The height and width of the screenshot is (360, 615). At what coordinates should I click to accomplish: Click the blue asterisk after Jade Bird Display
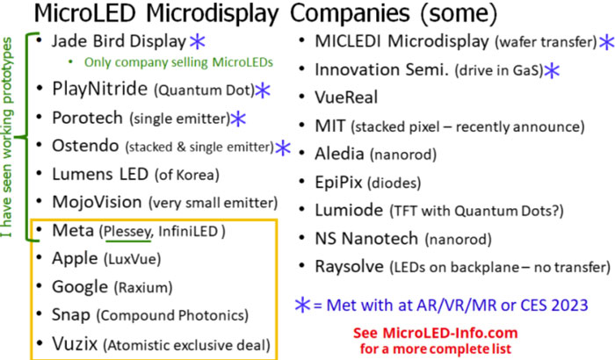[198, 41]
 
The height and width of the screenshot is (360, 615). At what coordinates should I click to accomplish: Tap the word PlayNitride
[99, 89]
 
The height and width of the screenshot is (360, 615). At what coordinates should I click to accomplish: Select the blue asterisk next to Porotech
[238, 119]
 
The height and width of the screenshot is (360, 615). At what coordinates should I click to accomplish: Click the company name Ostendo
[85, 146]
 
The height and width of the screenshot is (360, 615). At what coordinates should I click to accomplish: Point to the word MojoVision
[97, 202]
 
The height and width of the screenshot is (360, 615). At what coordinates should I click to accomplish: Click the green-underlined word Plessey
[128, 232]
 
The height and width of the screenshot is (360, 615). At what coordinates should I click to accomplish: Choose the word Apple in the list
[75, 259]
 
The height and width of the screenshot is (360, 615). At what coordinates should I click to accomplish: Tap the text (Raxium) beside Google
[143, 288]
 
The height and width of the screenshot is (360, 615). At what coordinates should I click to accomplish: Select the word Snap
[71, 315]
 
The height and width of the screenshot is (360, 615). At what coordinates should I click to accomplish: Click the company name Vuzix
[75, 344]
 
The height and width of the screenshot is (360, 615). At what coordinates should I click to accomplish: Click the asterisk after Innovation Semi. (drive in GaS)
[552, 70]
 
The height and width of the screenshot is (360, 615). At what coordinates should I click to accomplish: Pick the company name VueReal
[346, 97]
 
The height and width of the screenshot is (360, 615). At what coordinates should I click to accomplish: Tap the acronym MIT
[329, 126]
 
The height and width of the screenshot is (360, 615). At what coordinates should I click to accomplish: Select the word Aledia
[339, 154]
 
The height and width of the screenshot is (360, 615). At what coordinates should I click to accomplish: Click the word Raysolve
[349, 267]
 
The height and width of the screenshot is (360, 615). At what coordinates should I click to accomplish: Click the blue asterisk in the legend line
[302, 305]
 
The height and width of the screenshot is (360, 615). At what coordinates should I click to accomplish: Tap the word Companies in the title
[350, 13]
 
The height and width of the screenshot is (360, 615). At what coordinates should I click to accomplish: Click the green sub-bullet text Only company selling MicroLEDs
[178, 62]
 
